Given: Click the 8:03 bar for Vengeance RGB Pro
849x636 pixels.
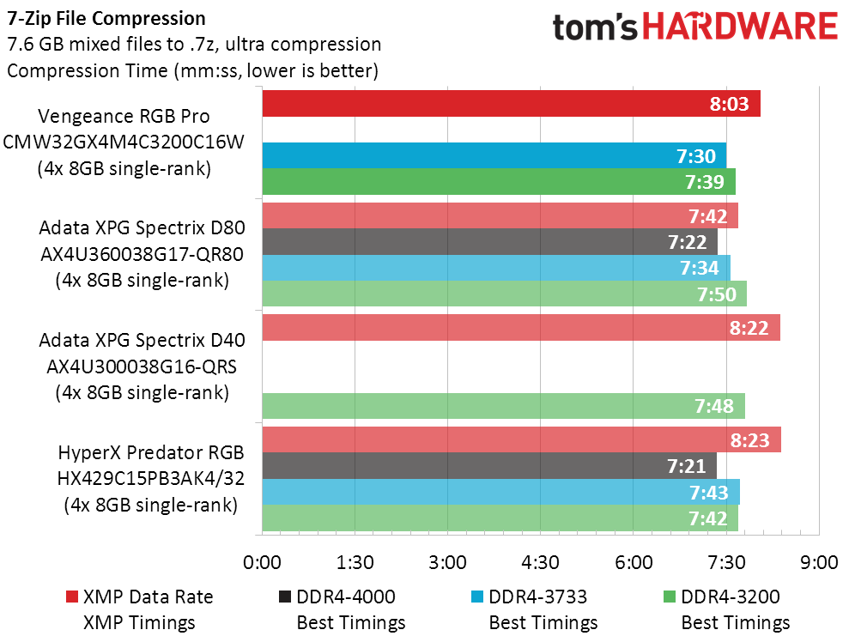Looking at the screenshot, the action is (511, 103).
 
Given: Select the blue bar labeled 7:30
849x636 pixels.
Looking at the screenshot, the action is (494, 156).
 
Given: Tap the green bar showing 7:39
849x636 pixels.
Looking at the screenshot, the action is (499, 181).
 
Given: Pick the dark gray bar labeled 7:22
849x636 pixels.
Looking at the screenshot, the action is (490, 241).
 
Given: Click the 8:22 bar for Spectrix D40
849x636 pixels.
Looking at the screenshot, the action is (521, 328).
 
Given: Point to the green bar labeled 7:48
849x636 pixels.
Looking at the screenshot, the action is (504, 406).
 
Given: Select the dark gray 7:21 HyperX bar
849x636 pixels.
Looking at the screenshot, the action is (489, 465).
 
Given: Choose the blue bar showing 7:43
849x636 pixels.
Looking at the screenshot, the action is (500, 492).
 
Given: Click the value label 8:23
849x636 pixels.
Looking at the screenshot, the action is (749, 440).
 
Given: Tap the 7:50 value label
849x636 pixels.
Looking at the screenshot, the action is (716, 294).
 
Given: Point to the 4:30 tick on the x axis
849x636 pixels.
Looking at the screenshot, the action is (540, 562).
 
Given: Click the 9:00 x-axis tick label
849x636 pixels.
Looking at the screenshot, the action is (819, 562).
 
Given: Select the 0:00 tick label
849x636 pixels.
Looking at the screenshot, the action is (262, 562).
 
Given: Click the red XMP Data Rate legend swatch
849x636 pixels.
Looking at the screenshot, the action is (72, 597).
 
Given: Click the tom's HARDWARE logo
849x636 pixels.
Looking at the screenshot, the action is (695, 27).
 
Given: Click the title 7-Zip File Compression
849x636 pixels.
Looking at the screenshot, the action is (106, 18).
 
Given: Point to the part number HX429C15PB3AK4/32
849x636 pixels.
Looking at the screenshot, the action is (150, 478).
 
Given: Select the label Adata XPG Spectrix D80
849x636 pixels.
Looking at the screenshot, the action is (142, 227).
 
